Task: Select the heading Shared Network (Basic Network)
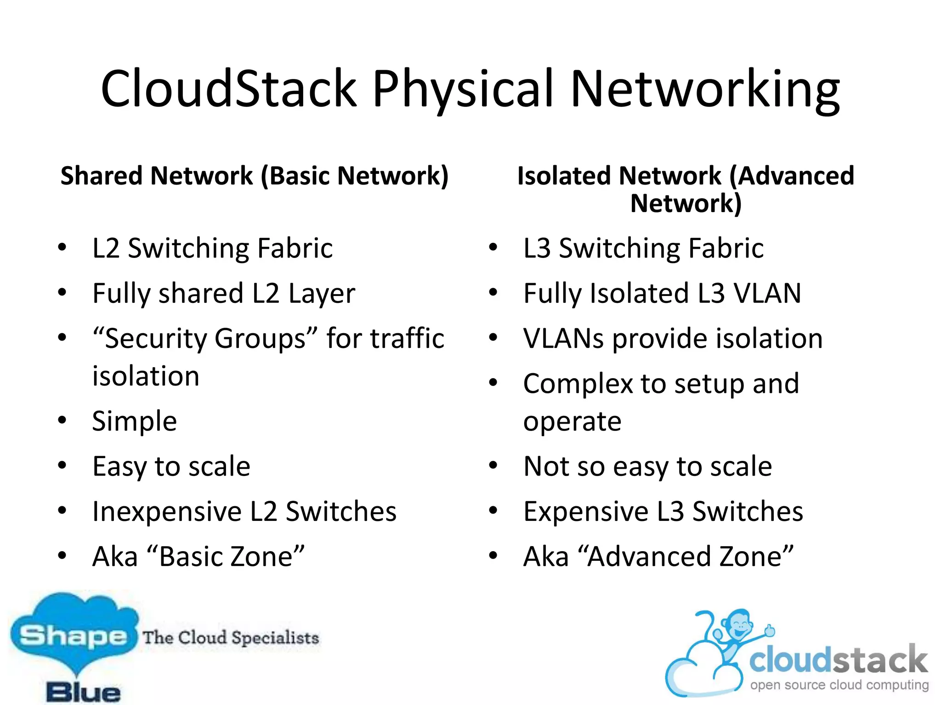(x=254, y=176)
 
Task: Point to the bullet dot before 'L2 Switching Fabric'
(x=62, y=247)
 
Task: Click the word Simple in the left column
(x=134, y=421)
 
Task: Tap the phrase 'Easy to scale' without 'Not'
(x=171, y=466)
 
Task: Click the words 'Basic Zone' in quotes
(x=225, y=556)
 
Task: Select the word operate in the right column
(x=572, y=421)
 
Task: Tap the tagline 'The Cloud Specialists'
(x=231, y=638)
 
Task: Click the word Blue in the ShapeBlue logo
(x=84, y=692)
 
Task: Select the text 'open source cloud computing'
(x=839, y=685)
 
